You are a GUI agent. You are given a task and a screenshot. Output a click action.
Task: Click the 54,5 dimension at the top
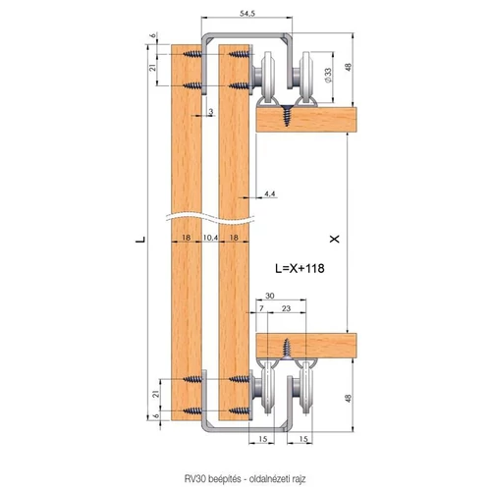pyautogui.click(x=247, y=14)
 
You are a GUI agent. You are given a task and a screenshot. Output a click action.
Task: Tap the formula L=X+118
pyautogui.click(x=300, y=268)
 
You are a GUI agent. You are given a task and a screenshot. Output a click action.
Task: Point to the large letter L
pyautogui.click(x=140, y=240)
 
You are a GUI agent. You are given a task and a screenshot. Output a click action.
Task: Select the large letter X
pyautogui.click(x=335, y=240)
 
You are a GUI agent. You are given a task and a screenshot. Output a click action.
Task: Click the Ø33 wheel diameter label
pyautogui.click(x=328, y=76)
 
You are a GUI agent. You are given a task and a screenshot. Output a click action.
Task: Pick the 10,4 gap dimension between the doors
pyautogui.click(x=210, y=238)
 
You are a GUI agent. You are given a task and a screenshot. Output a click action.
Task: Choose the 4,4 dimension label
pyautogui.click(x=270, y=193)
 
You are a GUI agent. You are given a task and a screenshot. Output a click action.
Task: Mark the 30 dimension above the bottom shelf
pyautogui.click(x=269, y=296)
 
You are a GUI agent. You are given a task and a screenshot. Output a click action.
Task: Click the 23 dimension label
pyautogui.click(x=286, y=308)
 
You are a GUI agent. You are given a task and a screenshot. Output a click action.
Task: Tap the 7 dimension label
pyautogui.click(x=261, y=308)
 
